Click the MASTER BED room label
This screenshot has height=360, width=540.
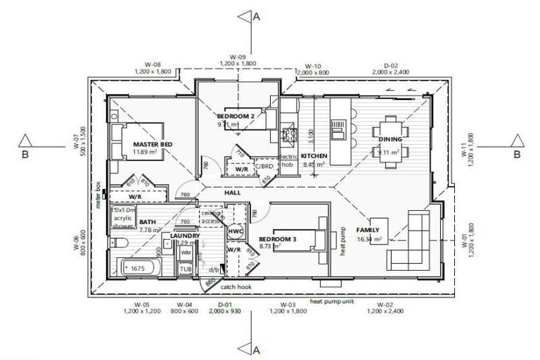point(153,144)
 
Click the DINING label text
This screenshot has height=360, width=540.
point(390,139)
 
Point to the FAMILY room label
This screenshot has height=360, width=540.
point(368,230)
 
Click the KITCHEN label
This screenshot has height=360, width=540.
point(314,156)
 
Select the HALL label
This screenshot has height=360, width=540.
point(233,192)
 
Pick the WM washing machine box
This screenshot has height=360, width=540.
point(186,252)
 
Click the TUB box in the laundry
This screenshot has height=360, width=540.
point(186,269)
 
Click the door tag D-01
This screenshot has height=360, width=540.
point(225,304)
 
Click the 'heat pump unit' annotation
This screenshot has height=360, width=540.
point(349,300)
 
